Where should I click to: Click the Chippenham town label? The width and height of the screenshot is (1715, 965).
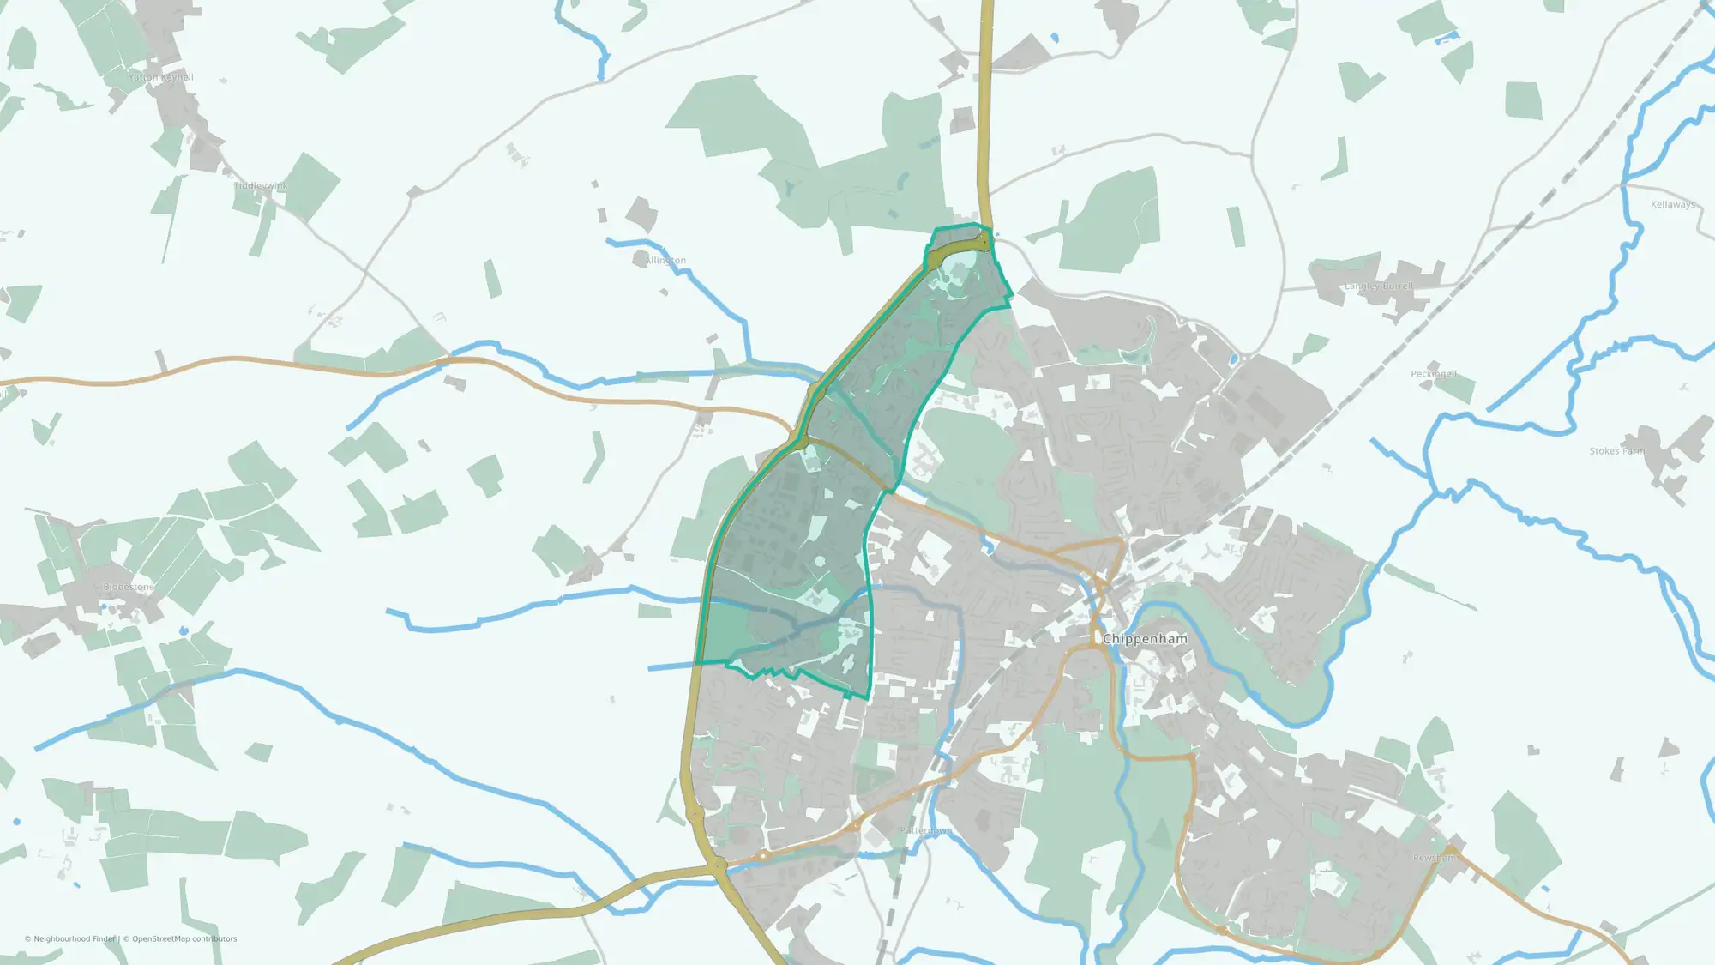point(1145,639)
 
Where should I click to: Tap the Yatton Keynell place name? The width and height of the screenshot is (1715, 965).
point(161,77)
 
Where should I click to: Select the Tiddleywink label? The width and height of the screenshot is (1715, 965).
point(262,186)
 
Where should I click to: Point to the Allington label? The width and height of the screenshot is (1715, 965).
point(665,261)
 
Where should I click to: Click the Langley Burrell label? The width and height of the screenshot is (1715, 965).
point(1379,286)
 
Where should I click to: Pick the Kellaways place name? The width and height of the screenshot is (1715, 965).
point(1672,205)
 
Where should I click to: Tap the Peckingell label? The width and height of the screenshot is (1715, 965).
point(1434,374)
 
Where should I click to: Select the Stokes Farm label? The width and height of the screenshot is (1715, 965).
point(1617,451)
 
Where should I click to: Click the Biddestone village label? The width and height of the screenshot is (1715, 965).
point(129,587)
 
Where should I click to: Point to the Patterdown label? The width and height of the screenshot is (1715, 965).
point(925,830)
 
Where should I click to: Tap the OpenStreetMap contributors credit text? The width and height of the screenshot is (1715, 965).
point(184,938)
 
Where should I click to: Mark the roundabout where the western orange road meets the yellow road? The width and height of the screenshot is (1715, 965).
point(801,443)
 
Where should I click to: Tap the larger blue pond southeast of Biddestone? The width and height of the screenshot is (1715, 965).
point(183,631)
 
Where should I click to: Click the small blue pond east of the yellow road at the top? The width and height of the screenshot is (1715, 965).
point(1054,38)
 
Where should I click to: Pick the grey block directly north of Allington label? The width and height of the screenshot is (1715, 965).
point(641,214)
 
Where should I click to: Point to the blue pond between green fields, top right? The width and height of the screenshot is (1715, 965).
point(1448,37)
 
